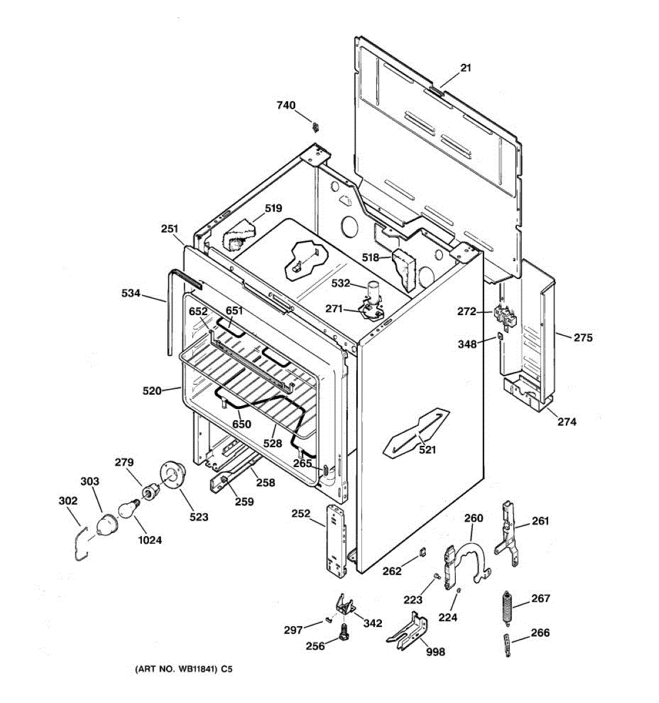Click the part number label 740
point(286,105)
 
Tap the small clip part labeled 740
point(316,126)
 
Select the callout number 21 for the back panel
point(465,68)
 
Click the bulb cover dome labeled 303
point(106,523)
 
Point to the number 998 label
point(435,652)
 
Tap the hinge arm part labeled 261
point(507,533)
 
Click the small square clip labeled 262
point(421,551)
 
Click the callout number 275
point(583,337)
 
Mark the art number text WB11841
point(182,668)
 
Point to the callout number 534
point(131,293)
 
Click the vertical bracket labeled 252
point(336,542)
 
